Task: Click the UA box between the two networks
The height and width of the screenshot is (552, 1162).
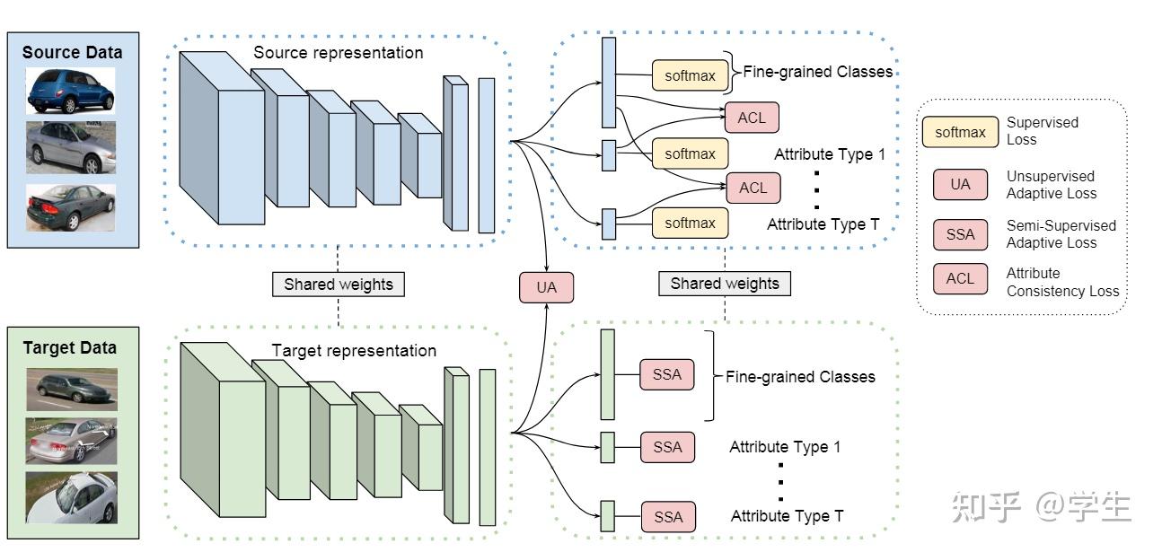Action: click(546, 287)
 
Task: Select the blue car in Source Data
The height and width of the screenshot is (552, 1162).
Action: click(71, 90)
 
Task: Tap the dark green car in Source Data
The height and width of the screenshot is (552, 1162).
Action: click(71, 207)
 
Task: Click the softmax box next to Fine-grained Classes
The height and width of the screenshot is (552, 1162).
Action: click(690, 75)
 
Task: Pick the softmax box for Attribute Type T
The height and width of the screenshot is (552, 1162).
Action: click(690, 223)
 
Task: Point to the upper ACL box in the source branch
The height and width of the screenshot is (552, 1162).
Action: click(752, 118)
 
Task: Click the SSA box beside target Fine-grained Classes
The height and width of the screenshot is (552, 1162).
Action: click(667, 374)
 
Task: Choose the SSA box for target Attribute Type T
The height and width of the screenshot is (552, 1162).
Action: click(668, 516)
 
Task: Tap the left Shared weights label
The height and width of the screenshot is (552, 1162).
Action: click(339, 285)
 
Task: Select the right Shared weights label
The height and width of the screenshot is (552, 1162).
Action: click(725, 284)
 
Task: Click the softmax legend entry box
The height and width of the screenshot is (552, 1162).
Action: click(960, 132)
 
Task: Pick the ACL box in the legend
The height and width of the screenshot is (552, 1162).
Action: click(960, 278)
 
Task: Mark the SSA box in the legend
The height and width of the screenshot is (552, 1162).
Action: click(960, 234)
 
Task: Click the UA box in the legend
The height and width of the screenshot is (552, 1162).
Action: click(960, 184)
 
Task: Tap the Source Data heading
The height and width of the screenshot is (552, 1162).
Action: click(72, 52)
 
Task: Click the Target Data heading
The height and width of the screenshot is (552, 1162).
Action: click(70, 347)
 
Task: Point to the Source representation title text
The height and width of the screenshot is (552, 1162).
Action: click(338, 53)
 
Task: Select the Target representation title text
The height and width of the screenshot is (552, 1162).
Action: click(354, 351)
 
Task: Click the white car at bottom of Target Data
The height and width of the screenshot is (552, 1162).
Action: click(71, 498)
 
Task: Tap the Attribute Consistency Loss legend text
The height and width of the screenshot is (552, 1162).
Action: click(1062, 282)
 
